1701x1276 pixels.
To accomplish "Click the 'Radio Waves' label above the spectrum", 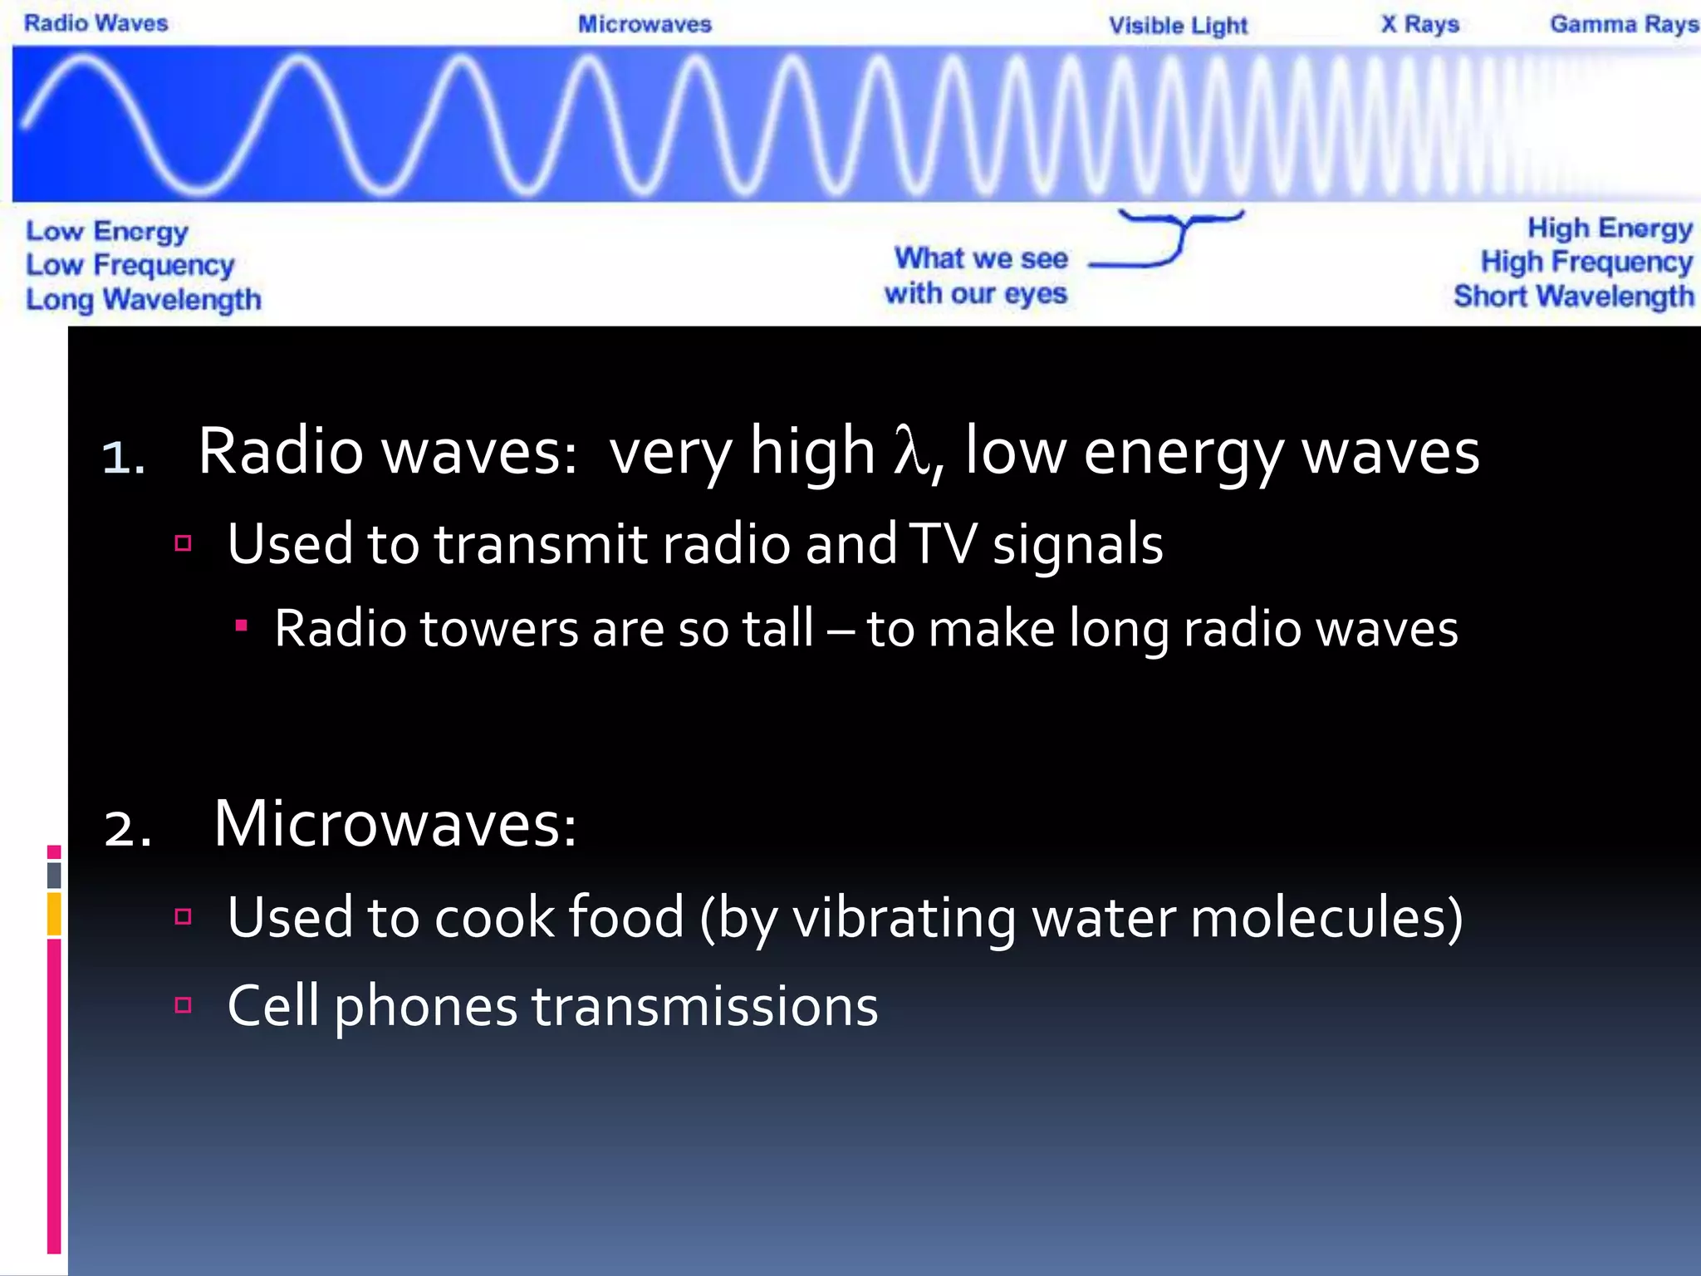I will click(x=96, y=23).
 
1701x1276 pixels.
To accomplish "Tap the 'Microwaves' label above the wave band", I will click(x=645, y=24).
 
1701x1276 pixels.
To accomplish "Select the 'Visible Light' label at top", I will click(x=1178, y=26).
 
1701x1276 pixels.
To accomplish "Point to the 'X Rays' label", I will click(x=1419, y=24).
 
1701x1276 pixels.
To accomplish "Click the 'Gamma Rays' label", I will click(x=1623, y=24).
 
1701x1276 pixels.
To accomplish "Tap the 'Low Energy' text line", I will click(x=106, y=231).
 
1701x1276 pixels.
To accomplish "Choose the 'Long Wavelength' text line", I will click(x=143, y=299).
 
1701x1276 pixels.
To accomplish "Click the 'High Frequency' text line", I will click(x=1586, y=263).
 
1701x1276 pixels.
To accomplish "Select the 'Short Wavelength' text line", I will click(x=1573, y=297).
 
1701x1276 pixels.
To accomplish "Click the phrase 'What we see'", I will click(x=981, y=258).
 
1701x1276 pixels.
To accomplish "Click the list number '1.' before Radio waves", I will click(x=123, y=458).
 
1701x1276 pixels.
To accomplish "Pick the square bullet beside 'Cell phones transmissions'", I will click(x=184, y=1005).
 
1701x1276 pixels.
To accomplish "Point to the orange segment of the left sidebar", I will click(x=54, y=914).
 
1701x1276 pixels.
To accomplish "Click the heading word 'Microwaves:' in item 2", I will click(x=395, y=824).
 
